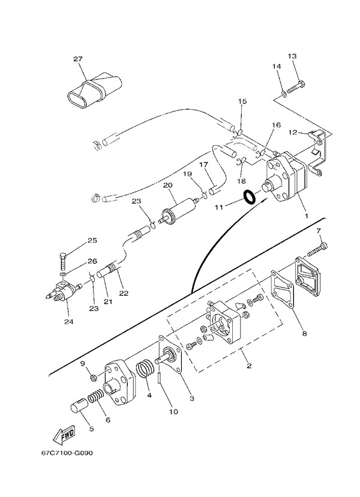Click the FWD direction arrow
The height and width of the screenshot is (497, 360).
[x=64, y=434]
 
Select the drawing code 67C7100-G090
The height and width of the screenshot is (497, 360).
[x=67, y=453]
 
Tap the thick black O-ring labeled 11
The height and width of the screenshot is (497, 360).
[x=250, y=197]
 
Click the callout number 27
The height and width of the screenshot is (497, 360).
[x=78, y=59]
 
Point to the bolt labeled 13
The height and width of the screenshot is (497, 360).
[x=296, y=87]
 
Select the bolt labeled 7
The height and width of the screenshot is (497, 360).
[x=317, y=249]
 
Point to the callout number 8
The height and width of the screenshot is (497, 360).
[x=304, y=333]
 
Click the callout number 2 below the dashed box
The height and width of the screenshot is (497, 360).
[x=249, y=366]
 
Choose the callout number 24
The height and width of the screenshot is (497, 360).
[x=68, y=322]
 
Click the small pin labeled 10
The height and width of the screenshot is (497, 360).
[x=160, y=379]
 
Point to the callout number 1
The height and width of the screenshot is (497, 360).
[x=307, y=216]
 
